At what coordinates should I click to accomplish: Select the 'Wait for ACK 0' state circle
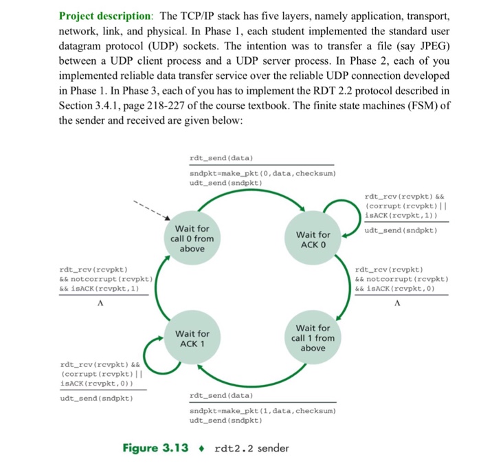[x=314, y=240]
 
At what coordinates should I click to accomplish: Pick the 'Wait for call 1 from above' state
[x=313, y=337]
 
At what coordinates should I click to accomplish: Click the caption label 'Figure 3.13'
[x=155, y=448]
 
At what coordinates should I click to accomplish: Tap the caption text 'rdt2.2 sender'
[x=251, y=448]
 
